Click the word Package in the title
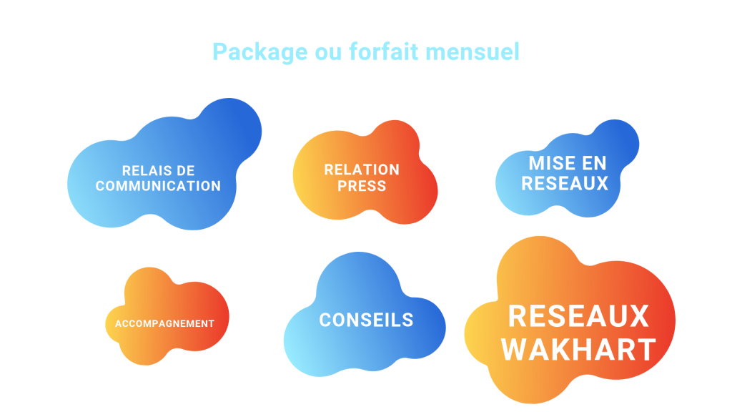260,52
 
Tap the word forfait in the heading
383,51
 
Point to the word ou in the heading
328,52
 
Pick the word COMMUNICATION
158,186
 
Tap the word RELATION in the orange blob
362,170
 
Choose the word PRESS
362,186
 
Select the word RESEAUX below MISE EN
565,183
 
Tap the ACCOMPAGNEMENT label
165,324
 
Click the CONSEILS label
367,320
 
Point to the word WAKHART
578,350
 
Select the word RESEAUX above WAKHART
578,316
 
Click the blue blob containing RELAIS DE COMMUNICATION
164,165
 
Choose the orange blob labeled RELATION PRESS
365,172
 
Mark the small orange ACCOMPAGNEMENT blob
167,316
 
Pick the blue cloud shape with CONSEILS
365,315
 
